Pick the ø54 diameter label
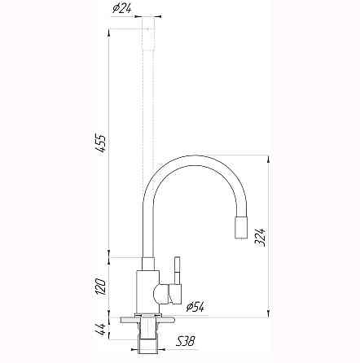coord(195,307)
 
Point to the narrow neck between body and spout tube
coord(147,263)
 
